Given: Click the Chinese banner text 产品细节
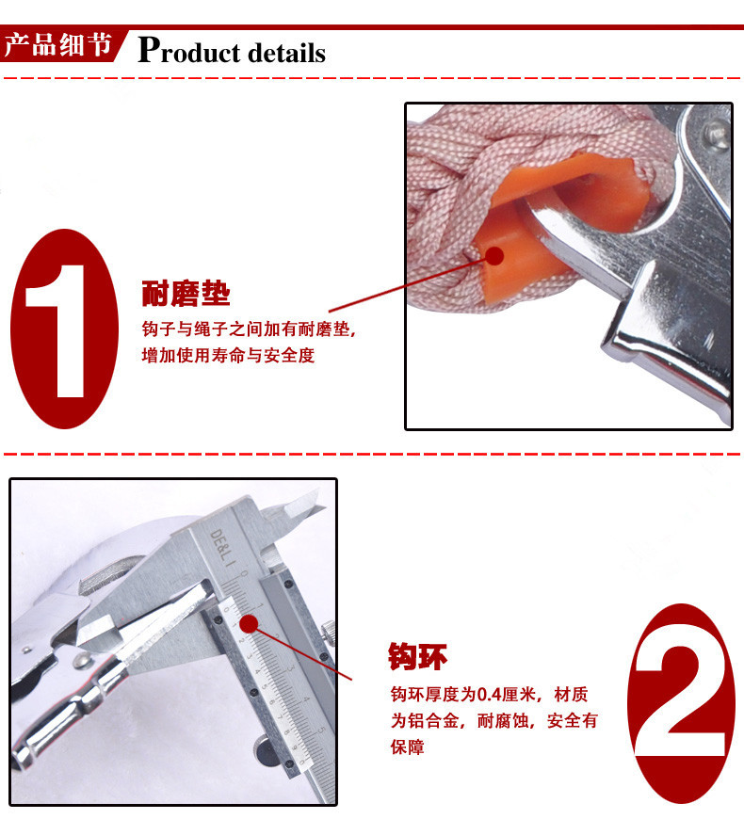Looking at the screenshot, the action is pos(57,45).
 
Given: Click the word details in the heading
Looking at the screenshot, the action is pos(287,53).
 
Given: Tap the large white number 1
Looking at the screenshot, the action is pos(57,330).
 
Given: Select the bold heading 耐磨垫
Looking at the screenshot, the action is pos(186,293).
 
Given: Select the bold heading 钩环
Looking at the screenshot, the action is pos(417,656).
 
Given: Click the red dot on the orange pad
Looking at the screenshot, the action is pos(493,256).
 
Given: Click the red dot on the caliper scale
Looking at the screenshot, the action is pos(249,623).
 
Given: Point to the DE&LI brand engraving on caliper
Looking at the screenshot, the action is pos(222,548).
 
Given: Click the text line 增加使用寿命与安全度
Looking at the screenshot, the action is pos(228,355).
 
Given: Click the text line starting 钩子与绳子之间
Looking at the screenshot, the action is pos(249,329).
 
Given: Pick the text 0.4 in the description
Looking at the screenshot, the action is pos(490,694).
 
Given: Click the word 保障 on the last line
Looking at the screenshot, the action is pos(407,747).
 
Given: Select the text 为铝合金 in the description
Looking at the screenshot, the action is pos(426,721).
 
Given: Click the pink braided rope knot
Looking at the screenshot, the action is pos(460,172).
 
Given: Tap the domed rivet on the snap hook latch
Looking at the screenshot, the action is pos(80,660).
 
